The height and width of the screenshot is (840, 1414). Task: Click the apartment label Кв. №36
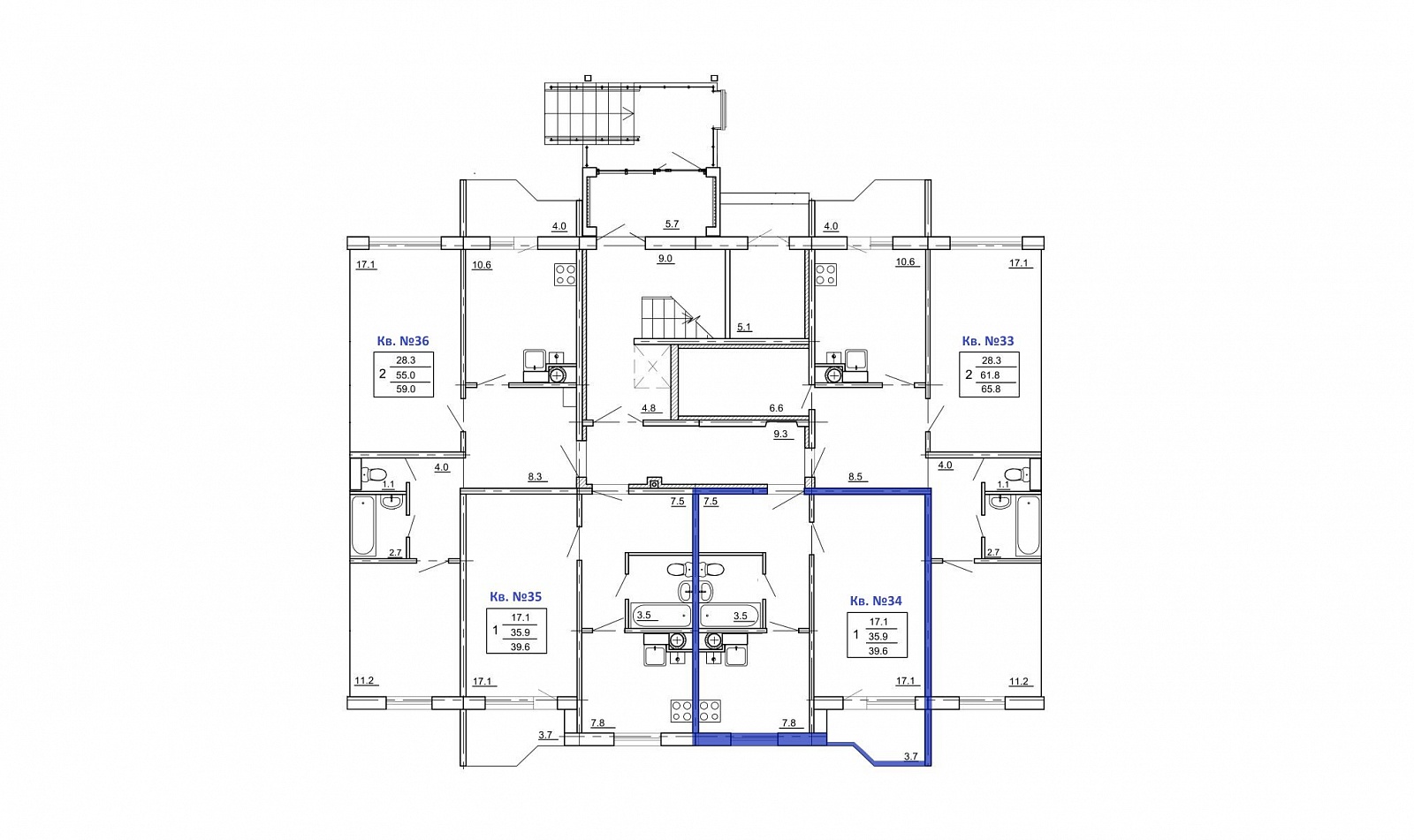click(403, 342)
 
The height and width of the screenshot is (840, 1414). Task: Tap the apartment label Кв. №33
click(988, 342)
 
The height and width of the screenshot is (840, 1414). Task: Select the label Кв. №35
click(516, 596)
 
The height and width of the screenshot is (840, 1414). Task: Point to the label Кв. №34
click(876, 601)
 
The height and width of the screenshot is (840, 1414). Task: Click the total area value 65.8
click(990, 390)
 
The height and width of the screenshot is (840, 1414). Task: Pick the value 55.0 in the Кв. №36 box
click(406, 375)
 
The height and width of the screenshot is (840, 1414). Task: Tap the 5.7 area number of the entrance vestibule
click(672, 224)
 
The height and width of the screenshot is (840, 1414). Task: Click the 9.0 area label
click(665, 259)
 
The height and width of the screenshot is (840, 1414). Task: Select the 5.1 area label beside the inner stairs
click(744, 328)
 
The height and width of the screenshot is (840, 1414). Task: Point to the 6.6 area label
click(776, 408)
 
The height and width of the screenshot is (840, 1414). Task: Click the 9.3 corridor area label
click(781, 435)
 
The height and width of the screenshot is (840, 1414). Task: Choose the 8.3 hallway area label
click(535, 477)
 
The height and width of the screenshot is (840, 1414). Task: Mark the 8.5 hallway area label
click(855, 477)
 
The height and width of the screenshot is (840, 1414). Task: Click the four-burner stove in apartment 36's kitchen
click(565, 275)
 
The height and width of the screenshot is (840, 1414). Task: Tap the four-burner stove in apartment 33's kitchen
click(826, 275)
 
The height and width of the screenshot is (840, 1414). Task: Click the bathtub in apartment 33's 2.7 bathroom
click(1028, 526)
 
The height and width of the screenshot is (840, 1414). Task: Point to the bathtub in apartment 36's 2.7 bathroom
click(363, 526)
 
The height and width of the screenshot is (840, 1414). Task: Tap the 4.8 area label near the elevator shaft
click(649, 408)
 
